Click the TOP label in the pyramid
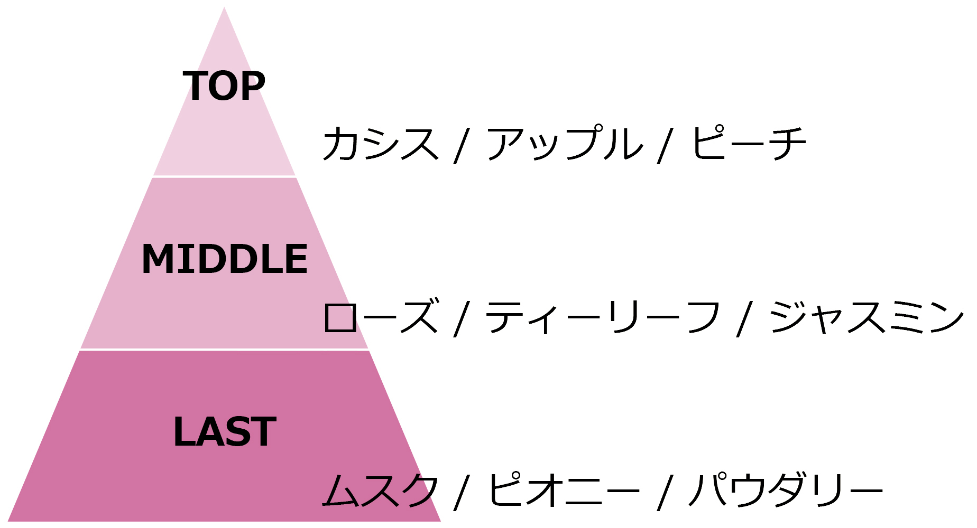click(x=224, y=86)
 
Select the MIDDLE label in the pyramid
click(x=225, y=259)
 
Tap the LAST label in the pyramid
click(x=225, y=431)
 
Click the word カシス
click(x=381, y=143)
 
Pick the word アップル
click(x=565, y=143)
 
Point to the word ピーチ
click(x=749, y=143)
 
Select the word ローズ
click(x=381, y=316)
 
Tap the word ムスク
click(x=381, y=489)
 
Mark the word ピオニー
click(x=564, y=489)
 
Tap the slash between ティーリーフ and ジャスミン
click(x=745, y=318)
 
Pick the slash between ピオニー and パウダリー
click(x=666, y=491)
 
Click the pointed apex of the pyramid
click(x=224, y=7)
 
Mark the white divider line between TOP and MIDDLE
click(x=224, y=176)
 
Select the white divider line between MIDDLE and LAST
click(x=224, y=350)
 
